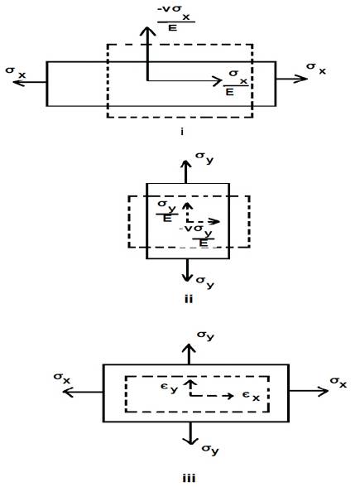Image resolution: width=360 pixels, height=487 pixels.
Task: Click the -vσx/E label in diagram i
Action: tap(176, 18)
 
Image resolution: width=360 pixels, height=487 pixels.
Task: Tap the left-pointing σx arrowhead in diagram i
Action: tap(18, 82)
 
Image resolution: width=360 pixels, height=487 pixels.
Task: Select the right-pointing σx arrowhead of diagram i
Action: tap(300, 79)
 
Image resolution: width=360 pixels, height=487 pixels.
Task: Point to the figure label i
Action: tap(182, 132)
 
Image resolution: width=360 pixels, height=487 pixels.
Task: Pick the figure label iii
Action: tap(189, 478)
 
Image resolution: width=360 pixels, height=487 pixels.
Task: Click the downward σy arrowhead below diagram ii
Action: tap(187, 277)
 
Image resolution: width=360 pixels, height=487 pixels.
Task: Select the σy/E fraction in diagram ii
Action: tap(166, 211)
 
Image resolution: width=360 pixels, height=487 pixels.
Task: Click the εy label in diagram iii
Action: tap(170, 388)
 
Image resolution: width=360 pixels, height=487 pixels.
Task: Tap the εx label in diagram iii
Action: tap(251, 396)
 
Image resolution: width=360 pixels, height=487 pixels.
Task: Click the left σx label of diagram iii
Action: tap(62, 378)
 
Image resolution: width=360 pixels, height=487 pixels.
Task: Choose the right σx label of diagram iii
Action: tap(338, 382)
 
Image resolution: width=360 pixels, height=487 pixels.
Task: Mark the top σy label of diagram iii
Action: tap(206, 335)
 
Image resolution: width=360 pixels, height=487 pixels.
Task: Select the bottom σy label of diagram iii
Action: tap(210, 449)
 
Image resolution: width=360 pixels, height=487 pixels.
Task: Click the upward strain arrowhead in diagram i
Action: tap(147, 31)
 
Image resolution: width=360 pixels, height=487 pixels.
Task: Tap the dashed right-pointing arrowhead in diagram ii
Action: tap(214, 221)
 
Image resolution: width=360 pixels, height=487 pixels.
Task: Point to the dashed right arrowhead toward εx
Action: tap(230, 396)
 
